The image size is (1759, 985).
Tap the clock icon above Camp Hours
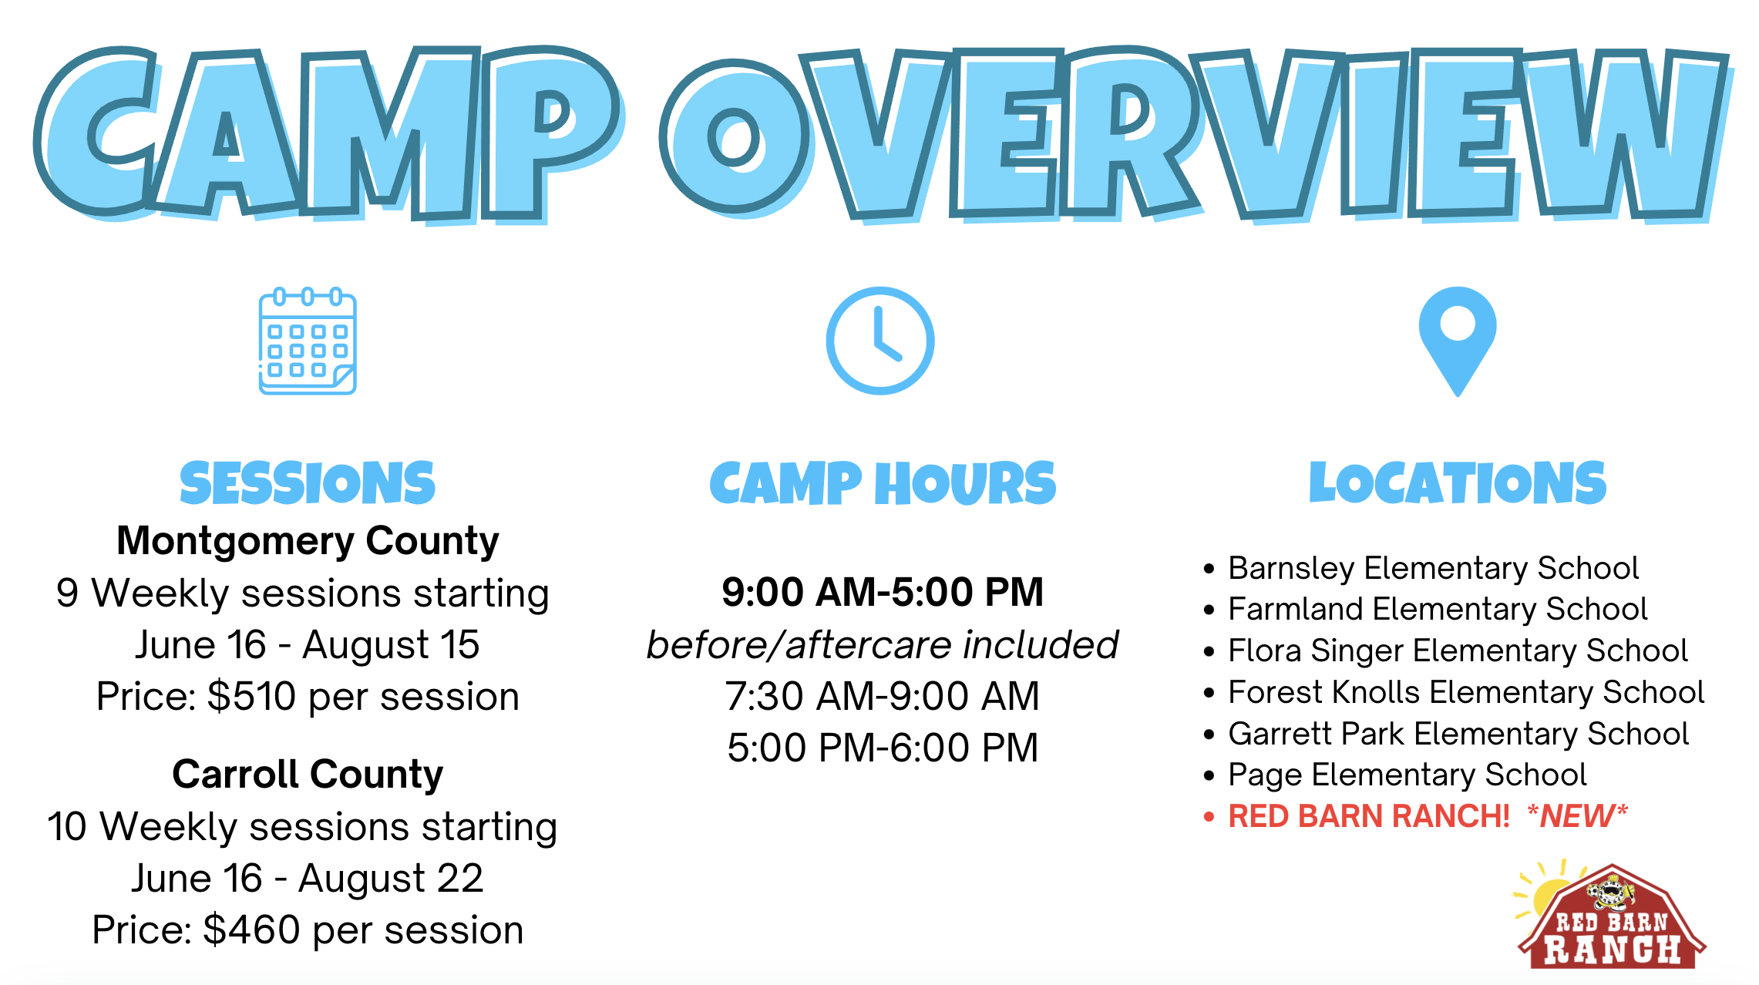click(880, 341)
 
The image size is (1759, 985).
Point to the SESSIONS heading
click(308, 483)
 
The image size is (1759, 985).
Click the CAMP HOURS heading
click(883, 483)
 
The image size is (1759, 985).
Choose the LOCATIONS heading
click(1458, 483)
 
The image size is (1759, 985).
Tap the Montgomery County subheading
click(308, 540)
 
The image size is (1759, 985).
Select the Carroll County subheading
click(308, 774)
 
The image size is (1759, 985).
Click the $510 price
click(252, 696)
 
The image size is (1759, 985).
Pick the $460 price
click(251, 930)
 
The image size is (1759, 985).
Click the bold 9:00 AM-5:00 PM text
click(883, 592)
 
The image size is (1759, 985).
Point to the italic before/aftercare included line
click(883, 644)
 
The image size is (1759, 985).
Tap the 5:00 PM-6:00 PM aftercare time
click(883, 748)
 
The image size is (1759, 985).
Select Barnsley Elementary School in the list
click(1433, 568)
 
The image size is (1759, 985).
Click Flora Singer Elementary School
click(1458, 651)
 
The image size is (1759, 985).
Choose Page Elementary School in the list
click(1408, 775)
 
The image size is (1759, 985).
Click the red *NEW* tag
click(1578, 815)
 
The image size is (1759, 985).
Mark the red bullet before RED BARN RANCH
click(1209, 816)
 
